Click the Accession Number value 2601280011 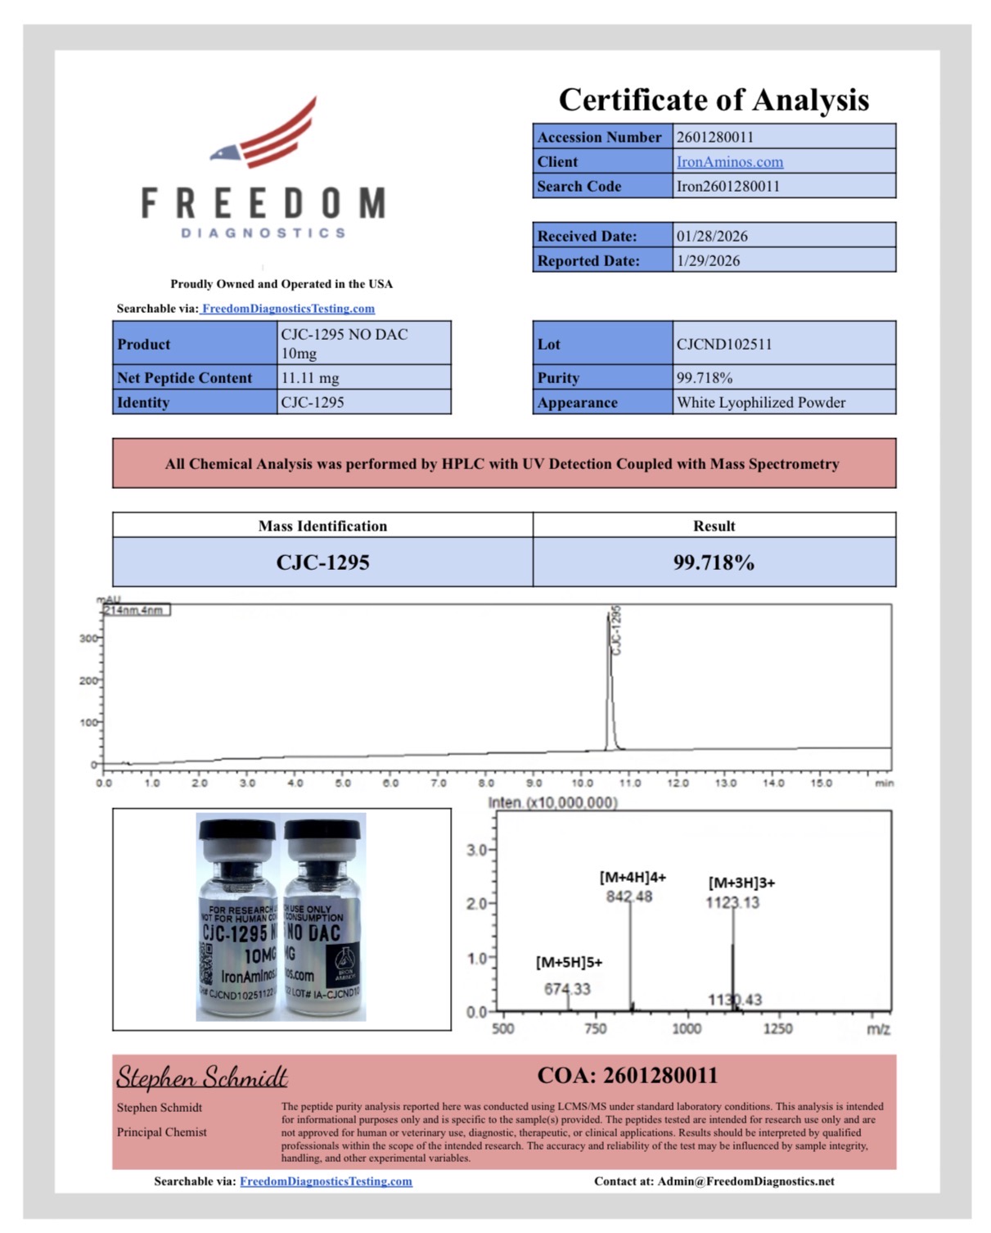(x=714, y=137)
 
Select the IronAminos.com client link (x=729, y=162)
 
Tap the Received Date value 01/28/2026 (x=711, y=236)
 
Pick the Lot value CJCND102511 (x=723, y=344)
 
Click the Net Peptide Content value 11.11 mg (x=309, y=378)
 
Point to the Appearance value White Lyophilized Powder (x=760, y=403)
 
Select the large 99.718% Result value (x=714, y=562)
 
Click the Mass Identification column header (x=322, y=526)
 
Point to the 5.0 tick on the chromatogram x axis (x=343, y=784)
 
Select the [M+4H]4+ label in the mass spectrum (x=633, y=877)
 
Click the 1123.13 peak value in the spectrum (x=732, y=902)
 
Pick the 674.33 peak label (x=567, y=989)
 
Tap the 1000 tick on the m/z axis (x=686, y=1029)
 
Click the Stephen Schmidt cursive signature (x=201, y=1077)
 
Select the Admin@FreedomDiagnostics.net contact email (x=746, y=1181)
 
